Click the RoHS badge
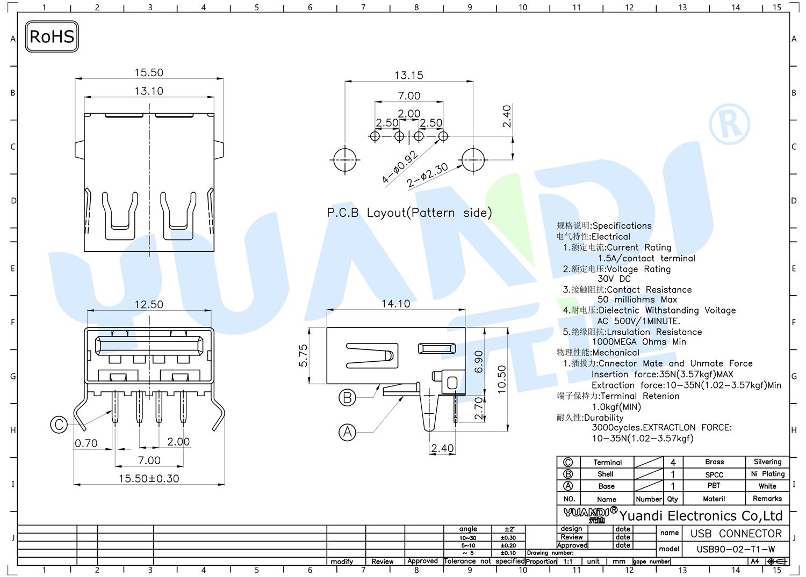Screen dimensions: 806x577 point(52,36)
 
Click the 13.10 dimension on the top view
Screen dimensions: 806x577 point(149,91)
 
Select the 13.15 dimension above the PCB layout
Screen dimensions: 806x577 point(409,76)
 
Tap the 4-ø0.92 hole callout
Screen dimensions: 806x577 point(400,167)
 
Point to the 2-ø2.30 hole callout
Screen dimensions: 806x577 point(428,175)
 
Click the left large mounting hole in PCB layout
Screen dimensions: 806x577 point(345,159)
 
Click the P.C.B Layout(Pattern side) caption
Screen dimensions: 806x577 point(409,213)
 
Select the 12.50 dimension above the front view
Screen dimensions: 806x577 point(149,305)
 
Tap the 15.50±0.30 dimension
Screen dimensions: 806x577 point(149,479)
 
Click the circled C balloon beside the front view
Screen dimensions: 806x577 point(59,424)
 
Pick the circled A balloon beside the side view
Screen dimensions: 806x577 point(347,432)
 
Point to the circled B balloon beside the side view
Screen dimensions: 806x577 point(347,398)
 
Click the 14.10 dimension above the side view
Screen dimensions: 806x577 point(396,304)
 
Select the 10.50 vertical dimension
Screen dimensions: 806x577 point(501,379)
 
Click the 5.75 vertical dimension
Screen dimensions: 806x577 point(304,355)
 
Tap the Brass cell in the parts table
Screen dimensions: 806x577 point(714,462)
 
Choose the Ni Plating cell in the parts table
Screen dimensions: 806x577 point(767,474)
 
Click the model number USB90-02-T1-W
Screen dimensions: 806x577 point(736,550)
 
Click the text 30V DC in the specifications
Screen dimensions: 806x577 point(614,279)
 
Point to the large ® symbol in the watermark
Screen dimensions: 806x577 point(730,125)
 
